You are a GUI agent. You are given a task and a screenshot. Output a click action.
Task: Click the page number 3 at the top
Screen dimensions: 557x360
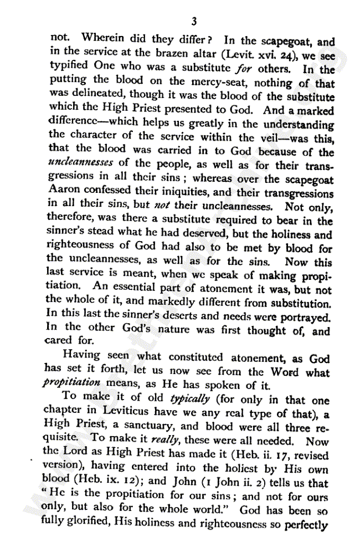point(194,22)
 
